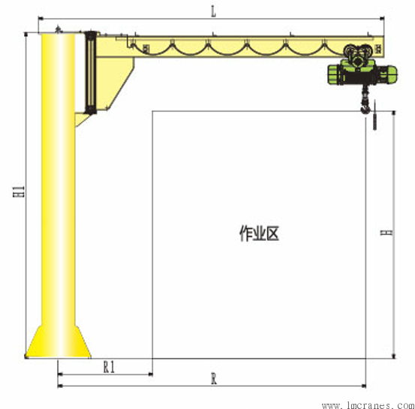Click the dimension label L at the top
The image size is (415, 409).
click(x=213, y=12)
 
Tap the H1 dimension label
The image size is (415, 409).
click(x=19, y=191)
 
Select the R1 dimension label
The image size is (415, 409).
click(x=109, y=367)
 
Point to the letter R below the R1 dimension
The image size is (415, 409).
click(x=214, y=379)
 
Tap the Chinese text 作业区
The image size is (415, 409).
click(x=259, y=233)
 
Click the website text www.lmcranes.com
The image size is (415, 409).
click(x=368, y=405)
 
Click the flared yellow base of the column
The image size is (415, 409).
click(x=59, y=342)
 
